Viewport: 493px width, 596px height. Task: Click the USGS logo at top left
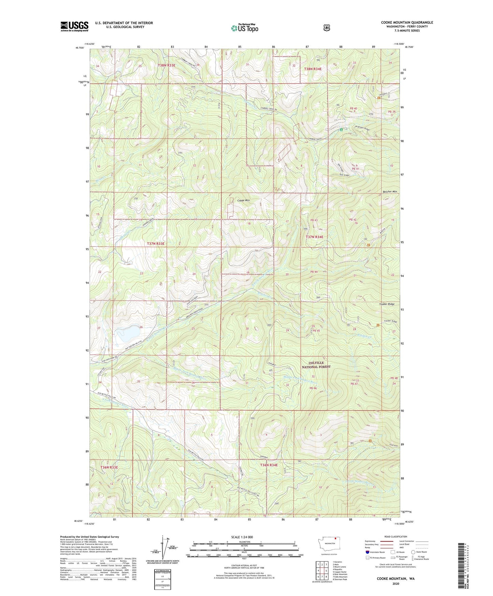point(74,26)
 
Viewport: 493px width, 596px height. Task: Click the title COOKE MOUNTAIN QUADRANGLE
point(407,23)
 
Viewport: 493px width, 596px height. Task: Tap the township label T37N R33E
point(156,244)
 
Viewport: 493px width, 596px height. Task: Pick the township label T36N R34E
point(269,465)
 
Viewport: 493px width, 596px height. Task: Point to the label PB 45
point(316,330)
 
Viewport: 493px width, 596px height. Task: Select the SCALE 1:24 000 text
point(242,537)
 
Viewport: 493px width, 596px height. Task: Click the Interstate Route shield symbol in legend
point(367,552)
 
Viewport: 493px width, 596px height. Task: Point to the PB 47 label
point(354,384)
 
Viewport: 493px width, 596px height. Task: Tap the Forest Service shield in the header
point(327,28)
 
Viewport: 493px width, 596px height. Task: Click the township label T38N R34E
point(313,69)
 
